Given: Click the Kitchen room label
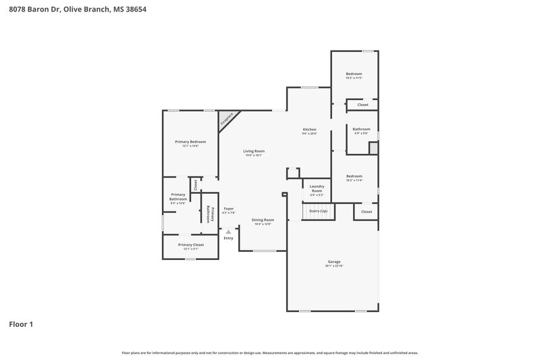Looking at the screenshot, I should point(309,130).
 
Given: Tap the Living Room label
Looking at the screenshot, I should point(254,151).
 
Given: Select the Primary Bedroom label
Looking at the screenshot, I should point(190,142).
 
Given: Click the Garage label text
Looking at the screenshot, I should point(334,261).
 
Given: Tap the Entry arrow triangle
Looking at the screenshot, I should point(228,232).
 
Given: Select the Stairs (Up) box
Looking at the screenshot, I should point(319,211).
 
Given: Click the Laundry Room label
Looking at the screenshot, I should point(317,188).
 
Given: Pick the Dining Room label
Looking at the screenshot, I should point(263,220).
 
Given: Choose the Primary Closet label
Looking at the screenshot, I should point(190,245).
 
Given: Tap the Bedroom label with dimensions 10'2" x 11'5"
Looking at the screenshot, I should point(354,74).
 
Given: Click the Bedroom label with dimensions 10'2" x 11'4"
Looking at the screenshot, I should point(354,176).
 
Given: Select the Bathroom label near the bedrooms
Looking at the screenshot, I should point(361,129).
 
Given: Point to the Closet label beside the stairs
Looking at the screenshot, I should point(367,212).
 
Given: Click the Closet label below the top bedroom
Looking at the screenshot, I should point(362,105).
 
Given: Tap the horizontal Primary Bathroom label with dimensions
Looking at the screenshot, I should point(178,197).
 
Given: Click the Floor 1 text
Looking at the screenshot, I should point(21,324).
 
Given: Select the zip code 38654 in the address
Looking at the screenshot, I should point(134,9).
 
